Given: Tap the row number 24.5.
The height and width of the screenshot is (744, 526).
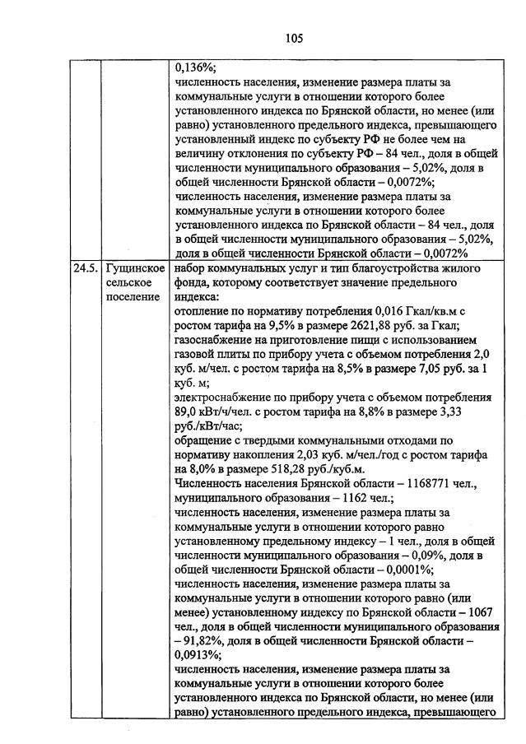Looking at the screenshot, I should coord(83,267).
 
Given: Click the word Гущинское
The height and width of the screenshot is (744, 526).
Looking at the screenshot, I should coord(135,267).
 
